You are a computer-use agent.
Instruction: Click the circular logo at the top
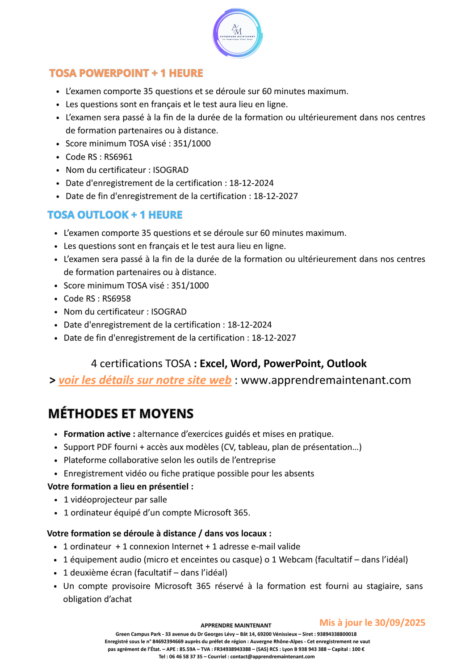point(237,33)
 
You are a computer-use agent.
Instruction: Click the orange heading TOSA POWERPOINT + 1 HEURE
point(126,73)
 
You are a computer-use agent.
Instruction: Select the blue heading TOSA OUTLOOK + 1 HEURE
point(115,215)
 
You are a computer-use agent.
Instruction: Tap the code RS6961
point(118,157)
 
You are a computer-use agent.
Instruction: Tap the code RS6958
point(117,298)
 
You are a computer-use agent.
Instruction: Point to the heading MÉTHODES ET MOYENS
point(121,414)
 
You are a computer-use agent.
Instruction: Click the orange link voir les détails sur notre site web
point(145,380)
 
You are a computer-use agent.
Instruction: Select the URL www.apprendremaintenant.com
point(326,380)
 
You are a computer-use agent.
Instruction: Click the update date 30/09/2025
point(400,623)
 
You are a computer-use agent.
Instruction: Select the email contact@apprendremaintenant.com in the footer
point(272,657)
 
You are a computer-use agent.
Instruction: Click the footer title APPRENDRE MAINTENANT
point(236,625)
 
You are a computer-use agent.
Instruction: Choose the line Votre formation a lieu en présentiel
point(120,486)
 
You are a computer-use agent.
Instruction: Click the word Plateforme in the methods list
point(84,460)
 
